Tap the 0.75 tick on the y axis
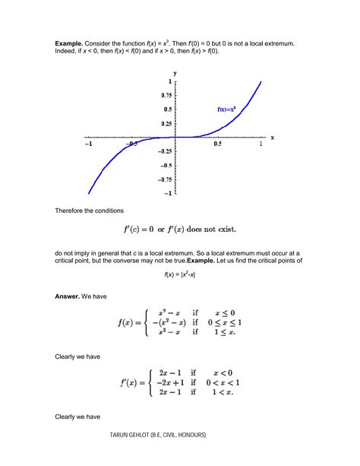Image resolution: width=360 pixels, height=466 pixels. click(165, 95)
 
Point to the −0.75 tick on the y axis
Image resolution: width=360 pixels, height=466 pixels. click(163, 179)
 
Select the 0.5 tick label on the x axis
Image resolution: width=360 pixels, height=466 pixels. click(217, 144)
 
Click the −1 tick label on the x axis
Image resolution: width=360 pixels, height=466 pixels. click(88, 144)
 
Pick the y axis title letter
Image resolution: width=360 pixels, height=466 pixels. click(175, 73)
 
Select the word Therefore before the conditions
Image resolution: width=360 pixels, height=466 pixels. click(73, 208)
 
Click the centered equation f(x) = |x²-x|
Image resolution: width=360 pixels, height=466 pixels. click(180, 274)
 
